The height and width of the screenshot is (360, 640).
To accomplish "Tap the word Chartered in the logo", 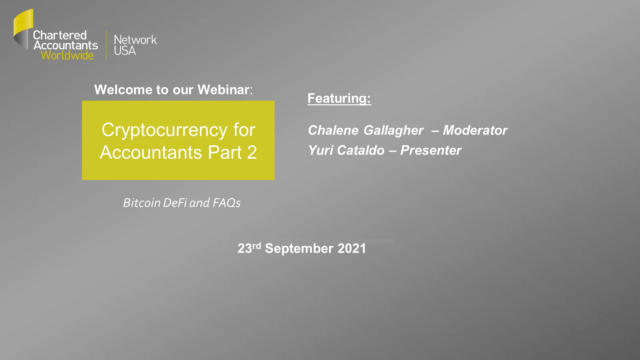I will pyautogui.click(x=60, y=35).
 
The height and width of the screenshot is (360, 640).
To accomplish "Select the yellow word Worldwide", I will pyautogui.click(x=67, y=55).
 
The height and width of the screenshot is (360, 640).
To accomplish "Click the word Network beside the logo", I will pyautogui.click(x=135, y=40).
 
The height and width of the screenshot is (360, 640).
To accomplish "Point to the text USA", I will pyautogui.click(x=125, y=51).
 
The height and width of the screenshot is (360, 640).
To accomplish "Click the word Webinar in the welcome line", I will pyautogui.click(x=223, y=90).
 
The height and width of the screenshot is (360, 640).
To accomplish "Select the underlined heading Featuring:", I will pyautogui.click(x=339, y=98).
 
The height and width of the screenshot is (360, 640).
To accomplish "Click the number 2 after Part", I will pyautogui.click(x=252, y=152).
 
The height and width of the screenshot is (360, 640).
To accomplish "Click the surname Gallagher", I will pyautogui.click(x=394, y=130).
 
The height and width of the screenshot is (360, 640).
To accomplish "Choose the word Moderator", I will pyautogui.click(x=475, y=130).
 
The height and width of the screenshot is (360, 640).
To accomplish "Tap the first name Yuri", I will pyautogui.click(x=320, y=150).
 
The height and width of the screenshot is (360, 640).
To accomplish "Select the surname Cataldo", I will pyautogui.click(x=361, y=150).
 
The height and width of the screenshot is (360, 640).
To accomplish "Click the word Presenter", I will pyautogui.click(x=431, y=150).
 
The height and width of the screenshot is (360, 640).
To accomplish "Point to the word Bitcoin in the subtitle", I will pyautogui.click(x=142, y=203).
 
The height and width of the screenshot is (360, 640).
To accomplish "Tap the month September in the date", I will pyautogui.click(x=299, y=249).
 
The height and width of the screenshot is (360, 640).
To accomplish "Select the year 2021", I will pyautogui.click(x=352, y=249).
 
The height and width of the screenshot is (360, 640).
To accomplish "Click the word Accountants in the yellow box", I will pyautogui.click(x=151, y=152).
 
